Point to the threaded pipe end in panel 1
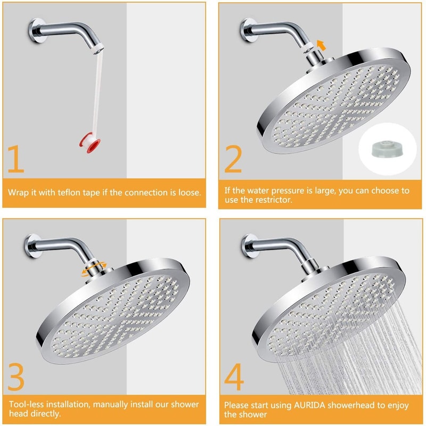pyautogui.click(x=95, y=51)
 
